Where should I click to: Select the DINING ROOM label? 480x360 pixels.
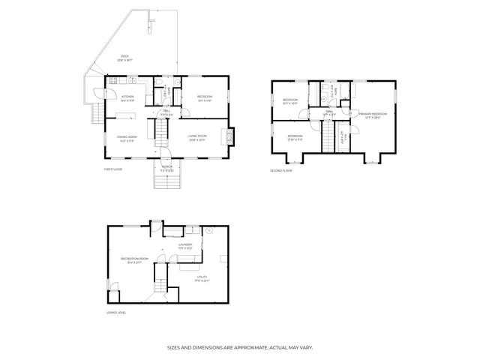(x=126, y=136)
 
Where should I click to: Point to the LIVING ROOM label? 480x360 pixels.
(x=198, y=136)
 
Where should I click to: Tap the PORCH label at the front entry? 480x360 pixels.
(x=166, y=168)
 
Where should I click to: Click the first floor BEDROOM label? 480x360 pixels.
(x=205, y=97)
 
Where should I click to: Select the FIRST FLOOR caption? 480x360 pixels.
(x=112, y=170)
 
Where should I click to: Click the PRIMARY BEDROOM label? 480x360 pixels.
(x=373, y=114)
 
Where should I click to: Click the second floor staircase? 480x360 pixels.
(x=327, y=137)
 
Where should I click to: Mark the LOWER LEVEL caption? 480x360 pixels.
(x=116, y=312)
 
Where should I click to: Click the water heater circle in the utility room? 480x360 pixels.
(x=211, y=232)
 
